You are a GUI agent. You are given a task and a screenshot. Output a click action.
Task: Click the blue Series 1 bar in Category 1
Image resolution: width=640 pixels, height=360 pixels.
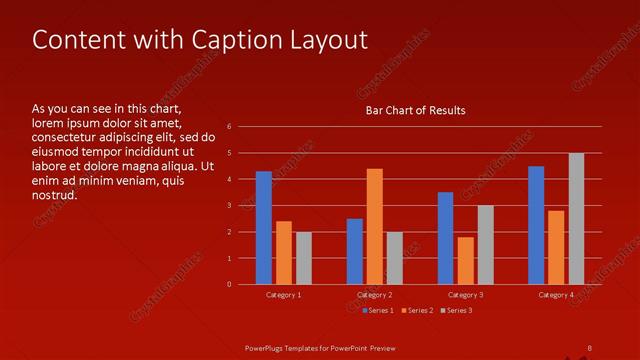(x=264, y=228)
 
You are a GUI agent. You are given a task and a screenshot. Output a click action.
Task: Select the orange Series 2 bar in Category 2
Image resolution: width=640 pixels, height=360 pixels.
(x=375, y=227)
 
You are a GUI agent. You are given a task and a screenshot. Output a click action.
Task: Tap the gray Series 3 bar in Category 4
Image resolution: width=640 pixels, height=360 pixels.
(x=576, y=219)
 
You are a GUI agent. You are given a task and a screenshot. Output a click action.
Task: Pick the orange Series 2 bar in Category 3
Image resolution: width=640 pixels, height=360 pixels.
(x=466, y=261)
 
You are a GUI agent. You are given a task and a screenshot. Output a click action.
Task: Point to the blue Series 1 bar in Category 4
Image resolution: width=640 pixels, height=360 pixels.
(x=536, y=225)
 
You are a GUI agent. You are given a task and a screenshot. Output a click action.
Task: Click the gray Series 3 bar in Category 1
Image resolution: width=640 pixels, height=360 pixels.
(x=304, y=258)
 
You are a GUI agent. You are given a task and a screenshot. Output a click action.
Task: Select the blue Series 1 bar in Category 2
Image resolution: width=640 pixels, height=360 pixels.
(x=355, y=251)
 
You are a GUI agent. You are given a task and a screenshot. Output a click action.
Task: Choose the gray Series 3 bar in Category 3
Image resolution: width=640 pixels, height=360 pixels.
(x=485, y=245)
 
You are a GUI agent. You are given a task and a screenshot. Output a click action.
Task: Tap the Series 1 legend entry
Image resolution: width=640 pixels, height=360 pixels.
(x=377, y=310)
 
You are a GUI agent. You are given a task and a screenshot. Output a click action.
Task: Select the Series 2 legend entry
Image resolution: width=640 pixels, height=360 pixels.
(x=417, y=310)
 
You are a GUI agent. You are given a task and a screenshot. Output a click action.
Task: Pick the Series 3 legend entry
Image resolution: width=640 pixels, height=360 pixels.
(x=457, y=310)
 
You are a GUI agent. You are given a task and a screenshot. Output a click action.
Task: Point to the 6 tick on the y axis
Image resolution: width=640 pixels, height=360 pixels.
(x=230, y=127)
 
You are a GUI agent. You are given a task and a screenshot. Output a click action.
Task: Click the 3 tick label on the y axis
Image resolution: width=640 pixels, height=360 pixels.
(x=230, y=205)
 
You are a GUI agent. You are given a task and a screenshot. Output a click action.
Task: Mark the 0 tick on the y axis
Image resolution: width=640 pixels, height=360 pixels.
(x=230, y=284)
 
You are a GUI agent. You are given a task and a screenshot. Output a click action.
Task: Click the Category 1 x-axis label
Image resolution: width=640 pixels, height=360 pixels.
(x=284, y=295)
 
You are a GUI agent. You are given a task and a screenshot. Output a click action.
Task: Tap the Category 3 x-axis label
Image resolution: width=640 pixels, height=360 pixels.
(x=466, y=295)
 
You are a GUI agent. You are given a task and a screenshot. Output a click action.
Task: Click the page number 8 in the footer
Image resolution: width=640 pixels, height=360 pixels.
(x=589, y=347)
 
